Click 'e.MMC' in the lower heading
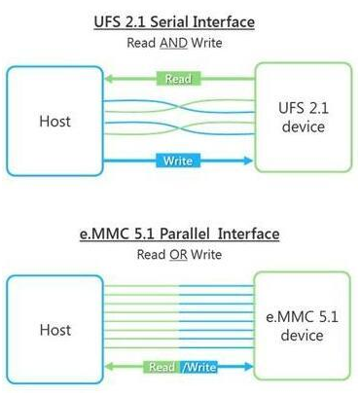pos(103,234)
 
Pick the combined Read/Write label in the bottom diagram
pos(180,367)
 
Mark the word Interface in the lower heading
pos(250,234)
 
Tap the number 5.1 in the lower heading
pos(144,234)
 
